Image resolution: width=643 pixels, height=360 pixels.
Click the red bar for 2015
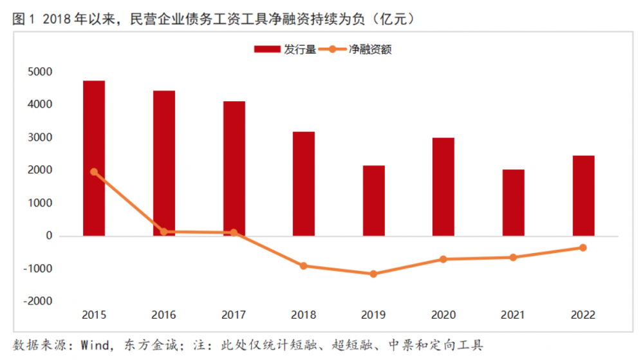pyautogui.click(x=94, y=158)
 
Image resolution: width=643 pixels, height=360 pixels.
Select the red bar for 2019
pyautogui.click(x=373, y=200)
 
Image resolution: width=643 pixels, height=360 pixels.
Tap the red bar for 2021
pyautogui.click(x=513, y=202)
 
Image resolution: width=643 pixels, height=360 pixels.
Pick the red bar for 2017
pyautogui.click(x=234, y=168)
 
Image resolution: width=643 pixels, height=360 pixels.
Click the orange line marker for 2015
pyautogui.click(x=94, y=172)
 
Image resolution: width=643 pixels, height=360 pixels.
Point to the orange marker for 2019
pyautogui.click(x=373, y=274)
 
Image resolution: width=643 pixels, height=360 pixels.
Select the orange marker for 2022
pyautogui.click(x=583, y=247)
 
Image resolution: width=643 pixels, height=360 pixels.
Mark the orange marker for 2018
pyautogui.click(x=304, y=265)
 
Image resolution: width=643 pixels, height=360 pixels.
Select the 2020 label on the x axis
pyautogui.click(x=443, y=315)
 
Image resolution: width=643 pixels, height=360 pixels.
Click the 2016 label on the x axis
pyautogui.click(x=163, y=315)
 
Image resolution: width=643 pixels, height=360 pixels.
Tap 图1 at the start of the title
pyautogui.click(x=23, y=19)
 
